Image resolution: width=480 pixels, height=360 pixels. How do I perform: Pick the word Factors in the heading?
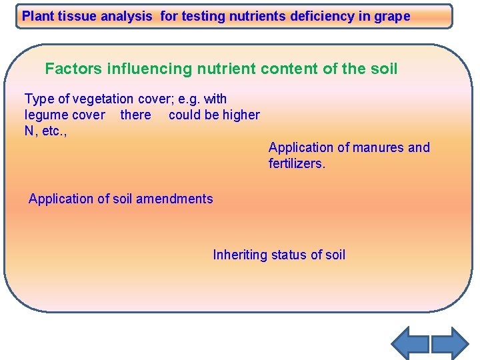pos(71,68)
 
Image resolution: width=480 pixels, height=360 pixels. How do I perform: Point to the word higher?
pos(241,115)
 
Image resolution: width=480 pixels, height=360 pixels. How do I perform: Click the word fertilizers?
pos(297,163)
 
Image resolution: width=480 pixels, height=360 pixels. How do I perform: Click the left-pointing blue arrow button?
pos(409,343)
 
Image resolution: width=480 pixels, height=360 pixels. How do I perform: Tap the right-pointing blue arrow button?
pos(450,343)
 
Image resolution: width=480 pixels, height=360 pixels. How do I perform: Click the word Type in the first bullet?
pos(38,99)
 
